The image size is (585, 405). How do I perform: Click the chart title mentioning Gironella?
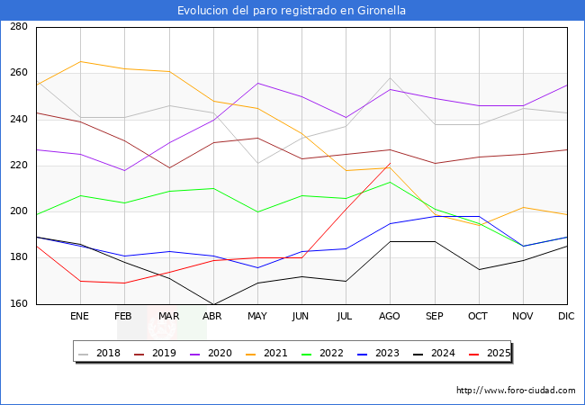(x=292, y=11)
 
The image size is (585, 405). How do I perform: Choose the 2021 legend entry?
(x=274, y=353)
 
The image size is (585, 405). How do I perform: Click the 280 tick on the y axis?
(x=18, y=27)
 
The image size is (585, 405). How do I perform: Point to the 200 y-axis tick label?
(x=18, y=211)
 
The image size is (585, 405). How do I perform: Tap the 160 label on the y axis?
(x=18, y=304)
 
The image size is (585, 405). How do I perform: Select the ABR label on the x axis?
(x=212, y=317)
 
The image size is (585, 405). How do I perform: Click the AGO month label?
(x=390, y=317)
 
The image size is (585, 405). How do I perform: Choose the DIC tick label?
(x=566, y=317)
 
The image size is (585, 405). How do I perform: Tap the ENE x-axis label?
(x=80, y=317)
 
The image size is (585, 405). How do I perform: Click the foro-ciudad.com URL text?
(x=516, y=391)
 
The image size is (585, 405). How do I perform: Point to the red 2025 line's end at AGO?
(x=390, y=163)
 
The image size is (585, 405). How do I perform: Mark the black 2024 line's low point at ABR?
(x=212, y=304)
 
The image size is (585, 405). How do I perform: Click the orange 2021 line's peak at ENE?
(x=80, y=61)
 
